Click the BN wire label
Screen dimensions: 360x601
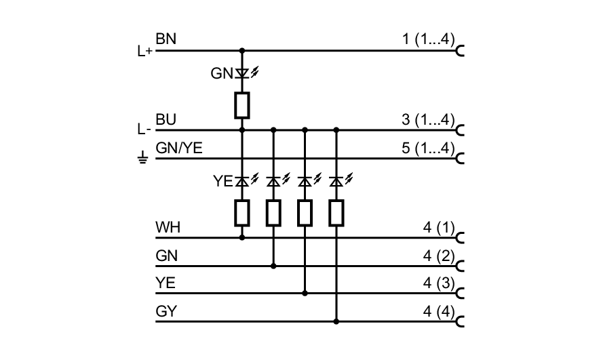[166, 39]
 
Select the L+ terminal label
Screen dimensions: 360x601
[144, 51]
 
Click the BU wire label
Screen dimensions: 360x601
[166, 119]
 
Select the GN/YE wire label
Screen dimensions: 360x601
[178, 148]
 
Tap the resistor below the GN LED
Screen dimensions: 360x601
[241, 105]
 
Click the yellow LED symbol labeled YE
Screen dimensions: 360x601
[241, 181]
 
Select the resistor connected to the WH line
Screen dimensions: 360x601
[241, 213]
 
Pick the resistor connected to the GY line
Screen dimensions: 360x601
[336, 213]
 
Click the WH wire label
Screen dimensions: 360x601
[167, 227]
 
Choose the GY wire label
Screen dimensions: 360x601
[166, 313]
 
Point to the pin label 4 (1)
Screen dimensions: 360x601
[438, 227]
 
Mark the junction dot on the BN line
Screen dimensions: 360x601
[241, 50]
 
